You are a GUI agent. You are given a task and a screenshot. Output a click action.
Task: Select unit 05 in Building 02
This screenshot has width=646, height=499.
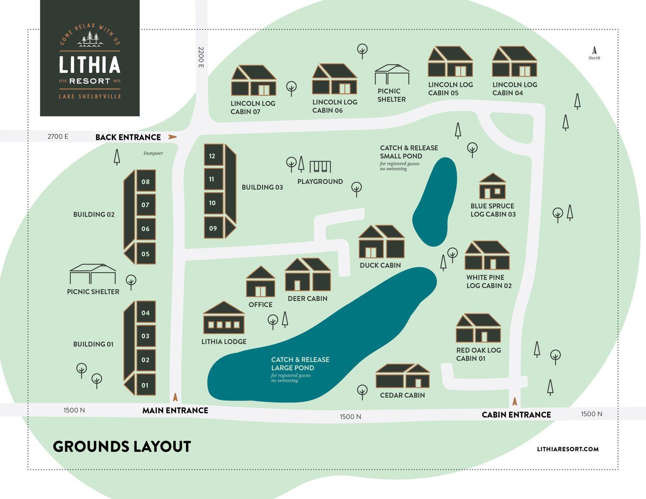click(x=146, y=254)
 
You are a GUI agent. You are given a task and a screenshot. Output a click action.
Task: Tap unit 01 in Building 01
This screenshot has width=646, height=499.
click(x=145, y=385)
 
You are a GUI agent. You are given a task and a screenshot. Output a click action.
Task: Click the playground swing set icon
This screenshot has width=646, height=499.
click(x=320, y=167)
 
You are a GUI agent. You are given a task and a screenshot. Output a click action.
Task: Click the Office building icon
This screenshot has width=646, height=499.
click(x=260, y=282)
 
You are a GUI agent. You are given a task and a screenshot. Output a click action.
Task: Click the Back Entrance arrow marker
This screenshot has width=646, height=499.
click(x=172, y=137)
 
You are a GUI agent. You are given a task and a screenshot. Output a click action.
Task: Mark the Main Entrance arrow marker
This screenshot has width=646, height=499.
click(x=175, y=397)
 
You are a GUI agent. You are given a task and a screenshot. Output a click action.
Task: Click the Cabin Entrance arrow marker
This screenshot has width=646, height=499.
click(x=514, y=401)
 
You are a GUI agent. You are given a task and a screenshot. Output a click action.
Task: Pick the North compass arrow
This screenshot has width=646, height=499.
click(x=594, y=51)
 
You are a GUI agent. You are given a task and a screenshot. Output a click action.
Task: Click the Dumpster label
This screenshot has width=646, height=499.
click(x=153, y=153)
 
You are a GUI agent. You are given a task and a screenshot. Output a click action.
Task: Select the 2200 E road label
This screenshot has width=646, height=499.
click(x=201, y=57)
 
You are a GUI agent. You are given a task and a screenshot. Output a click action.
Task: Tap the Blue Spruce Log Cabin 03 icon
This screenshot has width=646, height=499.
click(x=492, y=186)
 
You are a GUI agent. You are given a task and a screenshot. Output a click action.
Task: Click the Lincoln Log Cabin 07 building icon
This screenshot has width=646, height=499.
click(x=253, y=81)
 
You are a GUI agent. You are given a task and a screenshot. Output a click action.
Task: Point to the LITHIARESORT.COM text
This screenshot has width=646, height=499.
click(x=568, y=449)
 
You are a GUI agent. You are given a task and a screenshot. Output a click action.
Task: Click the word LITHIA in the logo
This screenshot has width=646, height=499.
click(x=90, y=65)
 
